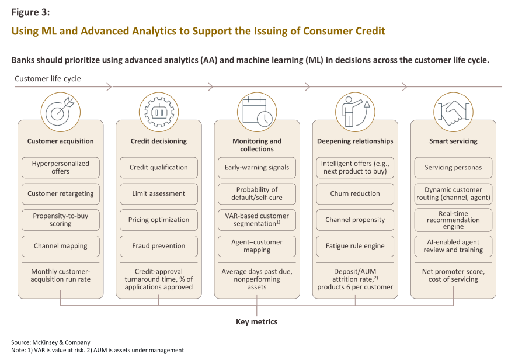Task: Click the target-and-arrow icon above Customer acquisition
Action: pyautogui.click(x=61, y=112)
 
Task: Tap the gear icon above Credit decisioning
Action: pyautogui.click(x=159, y=112)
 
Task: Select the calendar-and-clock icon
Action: pyautogui.click(x=257, y=112)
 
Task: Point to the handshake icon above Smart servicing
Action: pyautogui.click(x=453, y=112)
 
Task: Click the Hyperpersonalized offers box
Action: pyautogui.click(x=61, y=168)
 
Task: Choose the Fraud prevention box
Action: pyautogui.click(x=159, y=246)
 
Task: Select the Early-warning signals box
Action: pyautogui.click(x=257, y=168)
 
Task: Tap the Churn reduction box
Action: pyautogui.click(x=355, y=194)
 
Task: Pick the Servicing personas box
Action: pyautogui.click(x=453, y=168)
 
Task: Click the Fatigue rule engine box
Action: pyautogui.click(x=355, y=246)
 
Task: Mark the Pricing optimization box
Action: pyautogui.click(x=159, y=220)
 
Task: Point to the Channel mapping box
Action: pyautogui.click(x=61, y=246)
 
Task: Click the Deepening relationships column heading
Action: pyautogui.click(x=355, y=141)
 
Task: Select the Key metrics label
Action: pyautogui.click(x=256, y=322)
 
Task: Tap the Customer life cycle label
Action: pyautogui.click(x=48, y=79)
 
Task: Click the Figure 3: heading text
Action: pyautogui.click(x=30, y=12)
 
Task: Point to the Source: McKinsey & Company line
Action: pyautogui.click(x=51, y=342)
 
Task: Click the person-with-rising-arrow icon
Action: pyautogui.click(x=355, y=112)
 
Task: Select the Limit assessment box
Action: pyautogui.click(x=159, y=194)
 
